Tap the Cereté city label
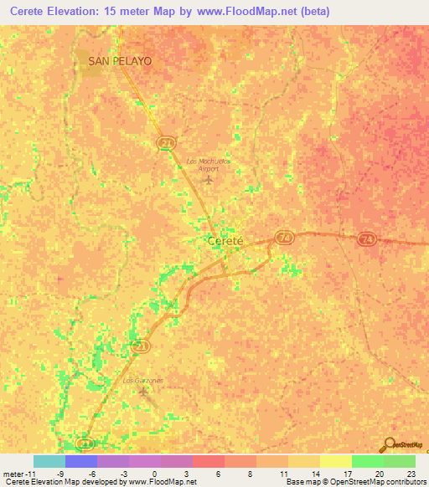(x=225, y=241)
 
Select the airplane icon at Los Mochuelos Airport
(x=209, y=179)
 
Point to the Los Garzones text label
(x=143, y=381)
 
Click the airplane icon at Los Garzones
(x=143, y=392)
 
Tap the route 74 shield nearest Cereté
(x=284, y=238)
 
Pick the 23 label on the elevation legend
(x=411, y=473)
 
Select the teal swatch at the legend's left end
(x=49, y=461)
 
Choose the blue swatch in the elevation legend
(x=81, y=461)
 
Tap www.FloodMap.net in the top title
(x=251, y=12)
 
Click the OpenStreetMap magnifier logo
(x=387, y=445)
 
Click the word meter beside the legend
(x=13, y=473)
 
